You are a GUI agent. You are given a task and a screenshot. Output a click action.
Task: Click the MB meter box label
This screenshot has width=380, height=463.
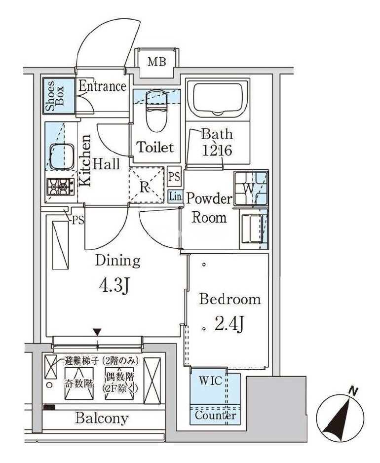point(157,62)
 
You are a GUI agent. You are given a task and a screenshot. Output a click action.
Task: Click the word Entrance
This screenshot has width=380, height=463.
point(102,86)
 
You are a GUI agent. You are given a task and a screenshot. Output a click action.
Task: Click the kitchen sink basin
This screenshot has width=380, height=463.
point(62,156)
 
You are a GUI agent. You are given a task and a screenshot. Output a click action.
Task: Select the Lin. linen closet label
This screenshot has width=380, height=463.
point(176,196)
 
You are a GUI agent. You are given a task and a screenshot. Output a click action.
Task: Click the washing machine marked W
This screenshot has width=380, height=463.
point(251,189)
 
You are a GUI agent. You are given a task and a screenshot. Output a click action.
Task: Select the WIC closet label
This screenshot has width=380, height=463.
point(211,381)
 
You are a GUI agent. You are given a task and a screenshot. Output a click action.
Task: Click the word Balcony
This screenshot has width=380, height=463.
point(102,418)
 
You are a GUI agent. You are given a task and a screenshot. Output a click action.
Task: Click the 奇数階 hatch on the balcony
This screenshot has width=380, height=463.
point(79,384)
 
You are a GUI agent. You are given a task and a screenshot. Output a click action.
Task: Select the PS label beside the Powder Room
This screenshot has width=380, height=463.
point(174,177)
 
